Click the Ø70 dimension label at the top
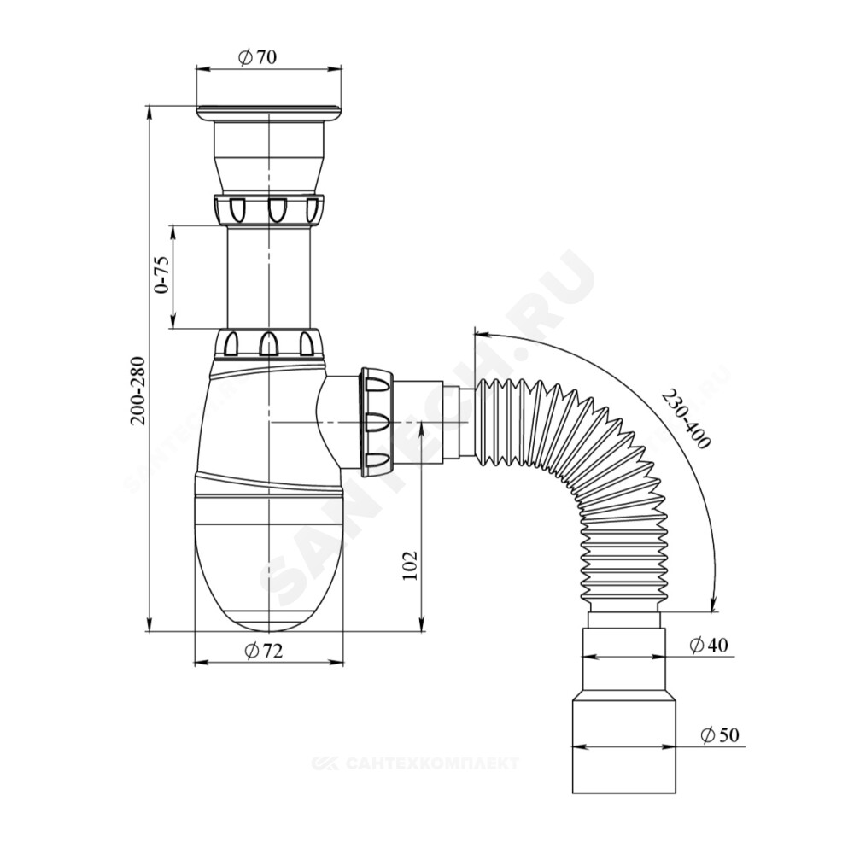pyautogui.click(x=258, y=56)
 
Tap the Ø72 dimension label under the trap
pyautogui.click(x=264, y=650)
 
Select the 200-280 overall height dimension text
pyautogui.click(x=138, y=390)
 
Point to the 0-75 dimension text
pyautogui.click(x=162, y=275)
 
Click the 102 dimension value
pyautogui.click(x=410, y=566)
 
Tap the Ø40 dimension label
pyautogui.click(x=709, y=645)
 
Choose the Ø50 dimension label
pyautogui.click(x=720, y=735)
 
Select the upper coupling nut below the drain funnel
pyautogui.click(x=269, y=208)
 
